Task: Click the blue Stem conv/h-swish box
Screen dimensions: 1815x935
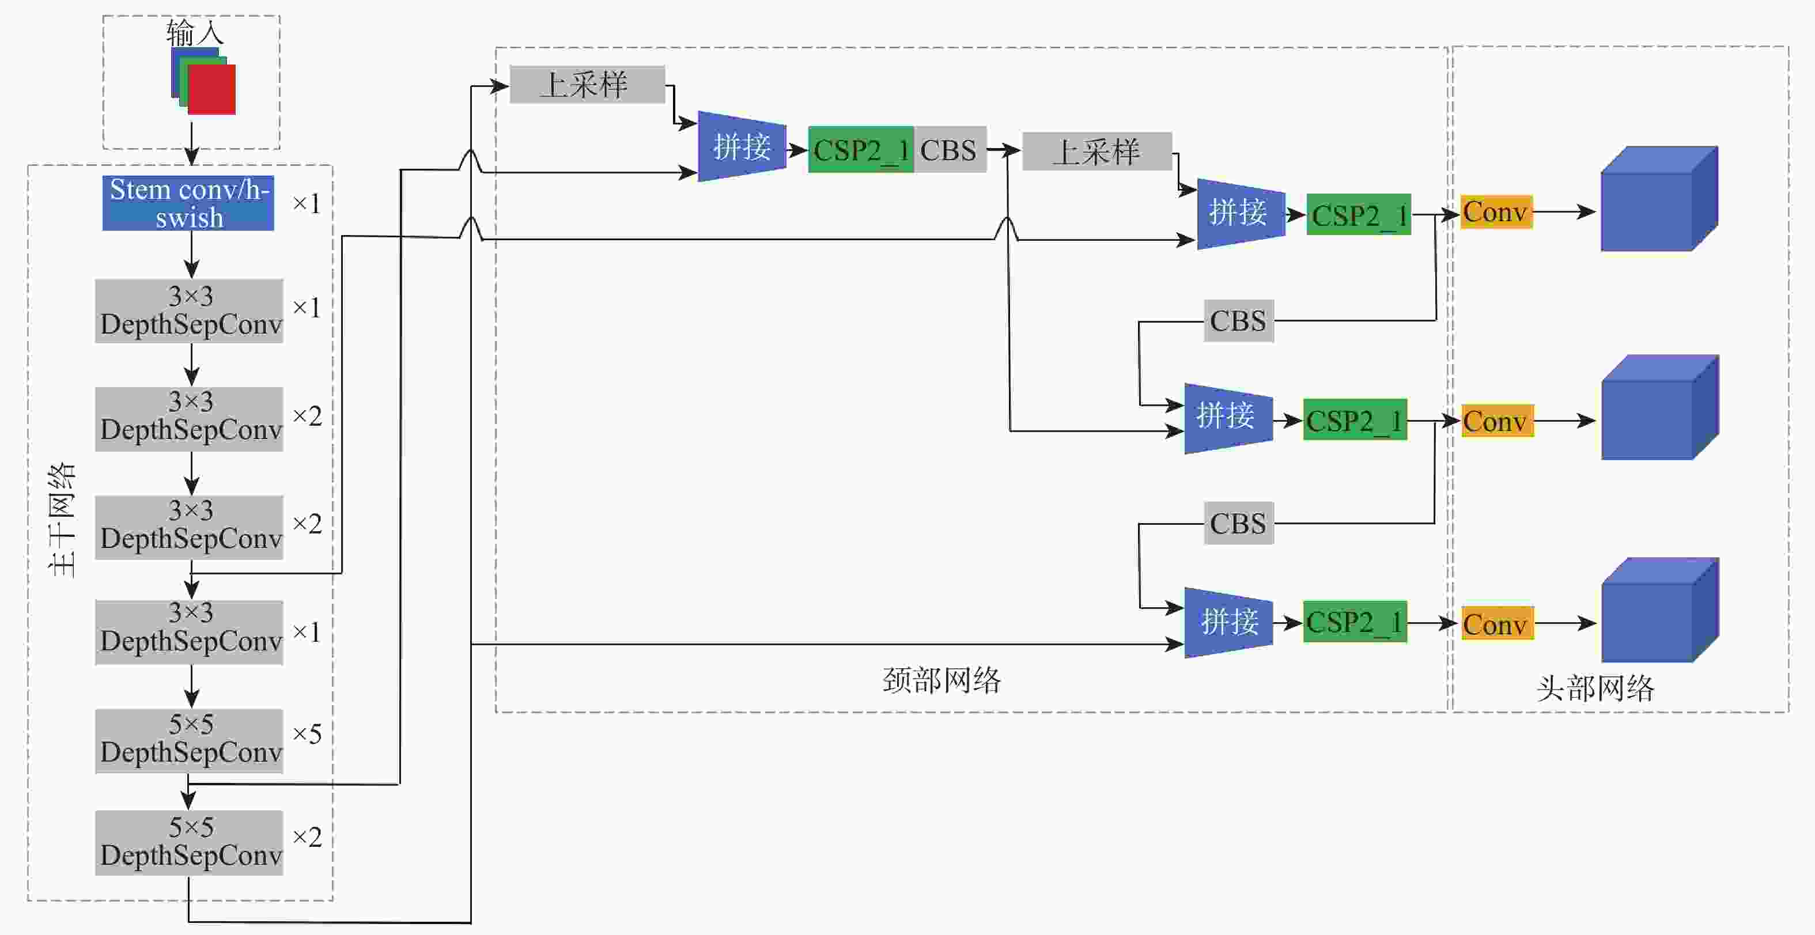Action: (188, 203)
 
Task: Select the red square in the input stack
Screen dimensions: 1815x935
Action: (211, 89)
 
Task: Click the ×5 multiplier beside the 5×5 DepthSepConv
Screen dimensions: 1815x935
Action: (307, 734)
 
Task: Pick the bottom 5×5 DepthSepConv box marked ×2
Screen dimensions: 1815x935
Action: (189, 843)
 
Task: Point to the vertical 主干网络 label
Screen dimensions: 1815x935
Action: (62, 520)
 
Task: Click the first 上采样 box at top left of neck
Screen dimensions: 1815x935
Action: (587, 85)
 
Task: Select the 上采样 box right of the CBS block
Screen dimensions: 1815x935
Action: (1097, 152)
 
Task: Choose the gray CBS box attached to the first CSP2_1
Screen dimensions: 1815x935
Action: (950, 149)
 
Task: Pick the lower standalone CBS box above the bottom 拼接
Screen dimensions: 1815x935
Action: (1239, 524)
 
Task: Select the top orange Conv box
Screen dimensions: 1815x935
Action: (1496, 212)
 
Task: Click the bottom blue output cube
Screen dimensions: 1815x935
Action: (1660, 610)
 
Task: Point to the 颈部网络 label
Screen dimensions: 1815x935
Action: (941, 680)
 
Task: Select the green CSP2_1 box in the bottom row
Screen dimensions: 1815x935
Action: (1355, 622)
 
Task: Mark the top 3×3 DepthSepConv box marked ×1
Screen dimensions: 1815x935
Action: (189, 311)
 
